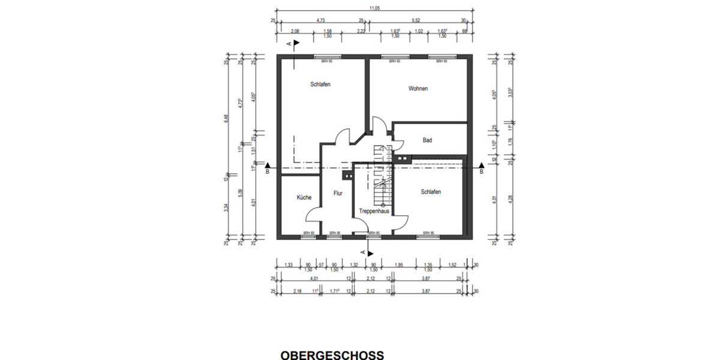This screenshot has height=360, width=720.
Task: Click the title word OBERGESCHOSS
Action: [x=332, y=355]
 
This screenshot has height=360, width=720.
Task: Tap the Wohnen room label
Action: [x=418, y=89]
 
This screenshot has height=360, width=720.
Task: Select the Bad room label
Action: [x=427, y=140]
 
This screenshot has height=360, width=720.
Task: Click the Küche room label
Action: [x=304, y=197]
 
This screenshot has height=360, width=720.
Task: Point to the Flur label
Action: [x=338, y=194]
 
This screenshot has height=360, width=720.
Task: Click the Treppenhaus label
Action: [x=374, y=212]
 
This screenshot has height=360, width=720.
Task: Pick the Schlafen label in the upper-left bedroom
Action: [x=320, y=85]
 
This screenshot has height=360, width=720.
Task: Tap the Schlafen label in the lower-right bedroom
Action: [x=431, y=192]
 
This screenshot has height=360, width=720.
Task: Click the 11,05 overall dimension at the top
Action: [x=374, y=8]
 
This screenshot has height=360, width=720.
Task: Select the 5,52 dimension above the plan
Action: [x=416, y=20]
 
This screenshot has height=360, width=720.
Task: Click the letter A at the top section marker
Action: [x=289, y=44]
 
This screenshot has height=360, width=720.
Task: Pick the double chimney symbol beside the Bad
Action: [x=403, y=159]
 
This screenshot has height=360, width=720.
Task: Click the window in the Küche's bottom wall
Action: [x=308, y=236]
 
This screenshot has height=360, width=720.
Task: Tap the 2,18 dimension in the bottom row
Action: [x=296, y=291]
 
